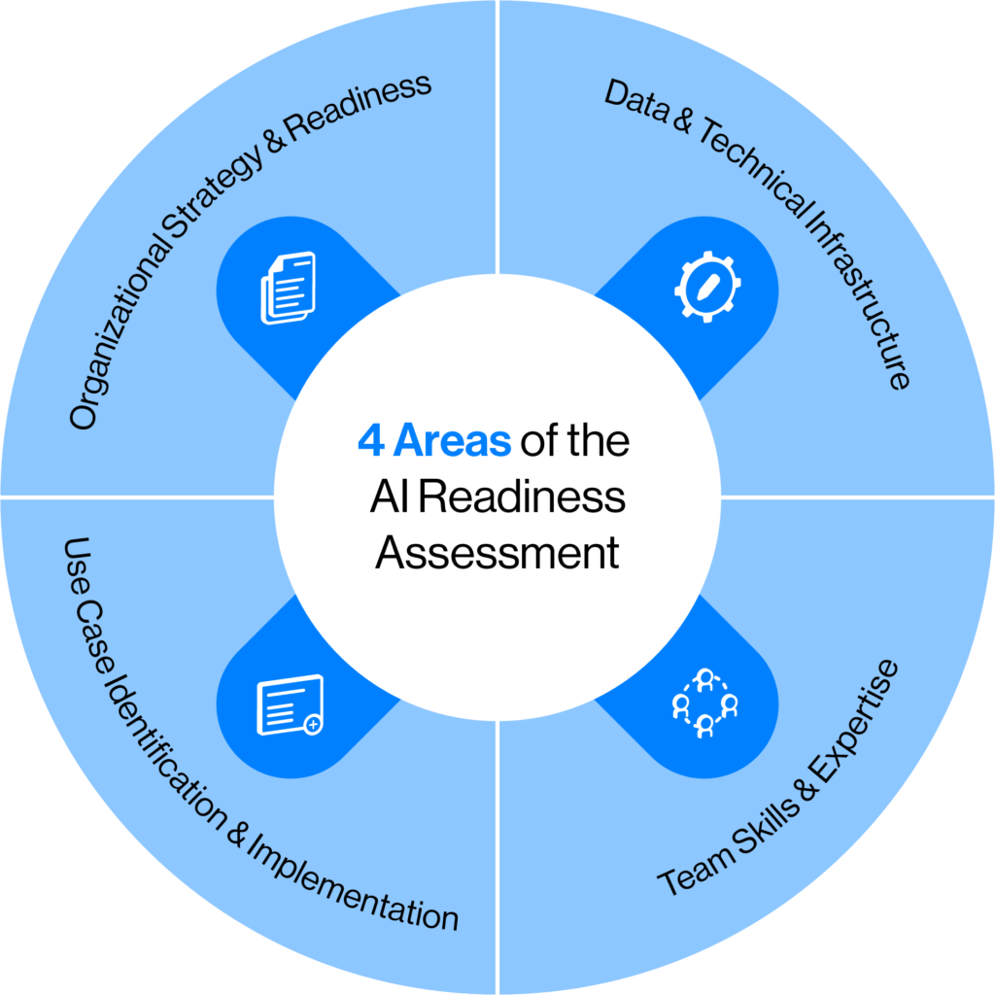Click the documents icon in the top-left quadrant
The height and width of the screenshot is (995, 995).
pyautogui.click(x=288, y=288)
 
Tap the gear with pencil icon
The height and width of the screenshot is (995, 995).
pyautogui.click(x=707, y=288)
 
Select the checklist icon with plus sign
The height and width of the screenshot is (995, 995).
pyautogui.click(x=289, y=705)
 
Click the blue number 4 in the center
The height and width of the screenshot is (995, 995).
pyautogui.click(x=370, y=441)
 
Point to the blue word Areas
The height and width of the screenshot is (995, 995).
pyautogui.click(x=451, y=441)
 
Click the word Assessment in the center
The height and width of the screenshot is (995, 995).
pyautogui.click(x=497, y=553)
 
